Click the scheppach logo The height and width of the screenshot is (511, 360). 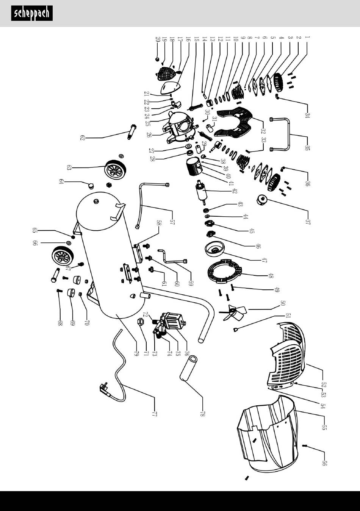32,14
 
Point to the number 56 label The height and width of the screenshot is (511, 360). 324,463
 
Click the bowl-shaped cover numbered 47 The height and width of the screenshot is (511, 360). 214,250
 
